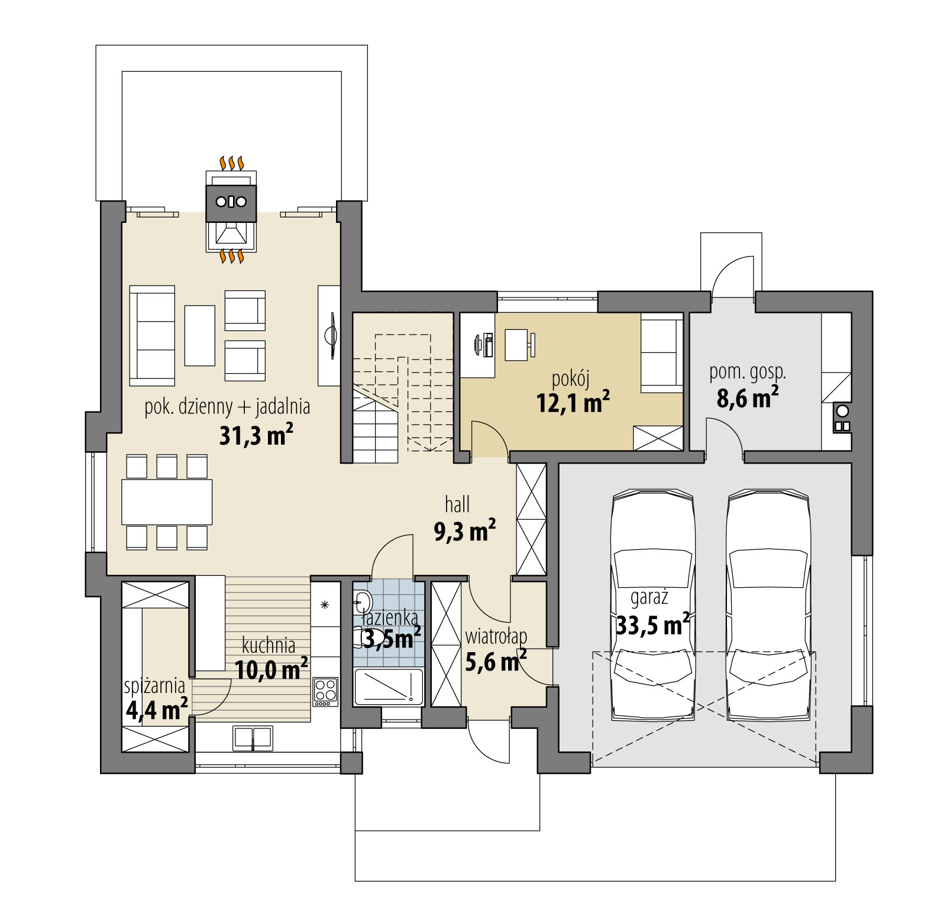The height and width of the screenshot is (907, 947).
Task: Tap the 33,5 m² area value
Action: coord(652,624)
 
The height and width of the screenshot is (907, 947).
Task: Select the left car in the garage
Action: coord(653,608)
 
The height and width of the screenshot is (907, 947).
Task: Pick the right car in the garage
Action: coord(768,608)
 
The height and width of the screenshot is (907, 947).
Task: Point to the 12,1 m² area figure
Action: coord(573,403)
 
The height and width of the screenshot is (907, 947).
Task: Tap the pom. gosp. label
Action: coord(748,372)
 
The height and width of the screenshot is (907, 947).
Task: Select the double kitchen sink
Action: coord(253,738)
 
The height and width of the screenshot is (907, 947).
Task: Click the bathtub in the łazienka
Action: coord(389,686)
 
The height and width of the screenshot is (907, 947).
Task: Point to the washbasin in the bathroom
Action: coord(362,603)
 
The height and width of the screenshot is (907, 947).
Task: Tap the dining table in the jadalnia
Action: coord(167,501)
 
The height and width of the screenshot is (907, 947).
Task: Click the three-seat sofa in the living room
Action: coord(153,335)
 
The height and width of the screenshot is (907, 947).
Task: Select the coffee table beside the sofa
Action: coord(199,335)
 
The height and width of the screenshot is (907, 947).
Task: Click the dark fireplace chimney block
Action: coord(231,202)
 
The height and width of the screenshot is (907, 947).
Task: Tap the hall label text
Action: coord(457,504)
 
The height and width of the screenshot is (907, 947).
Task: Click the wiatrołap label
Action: coord(496,637)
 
